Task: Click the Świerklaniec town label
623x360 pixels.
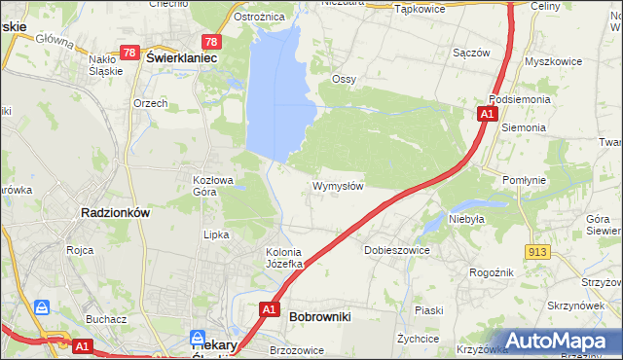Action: pyautogui.click(x=181, y=58)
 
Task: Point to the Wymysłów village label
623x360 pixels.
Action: pyautogui.click(x=338, y=186)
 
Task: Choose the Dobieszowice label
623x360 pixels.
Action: pyautogui.click(x=397, y=250)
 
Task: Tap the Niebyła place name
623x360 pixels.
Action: pyautogui.click(x=466, y=219)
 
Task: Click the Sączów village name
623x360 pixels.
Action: pyautogui.click(x=471, y=53)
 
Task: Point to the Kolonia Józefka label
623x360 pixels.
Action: pyautogui.click(x=287, y=258)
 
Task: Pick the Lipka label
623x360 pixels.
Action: pyautogui.click(x=215, y=234)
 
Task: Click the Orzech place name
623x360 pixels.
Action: pyautogui.click(x=151, y=103)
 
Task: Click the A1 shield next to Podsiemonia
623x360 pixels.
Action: pyautogui.click(x=486, y=115)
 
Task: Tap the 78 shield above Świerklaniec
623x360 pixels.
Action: pyautogui.click(x=210, y=42)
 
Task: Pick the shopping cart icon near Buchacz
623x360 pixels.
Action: pyautogui.click(x=42, y=307)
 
